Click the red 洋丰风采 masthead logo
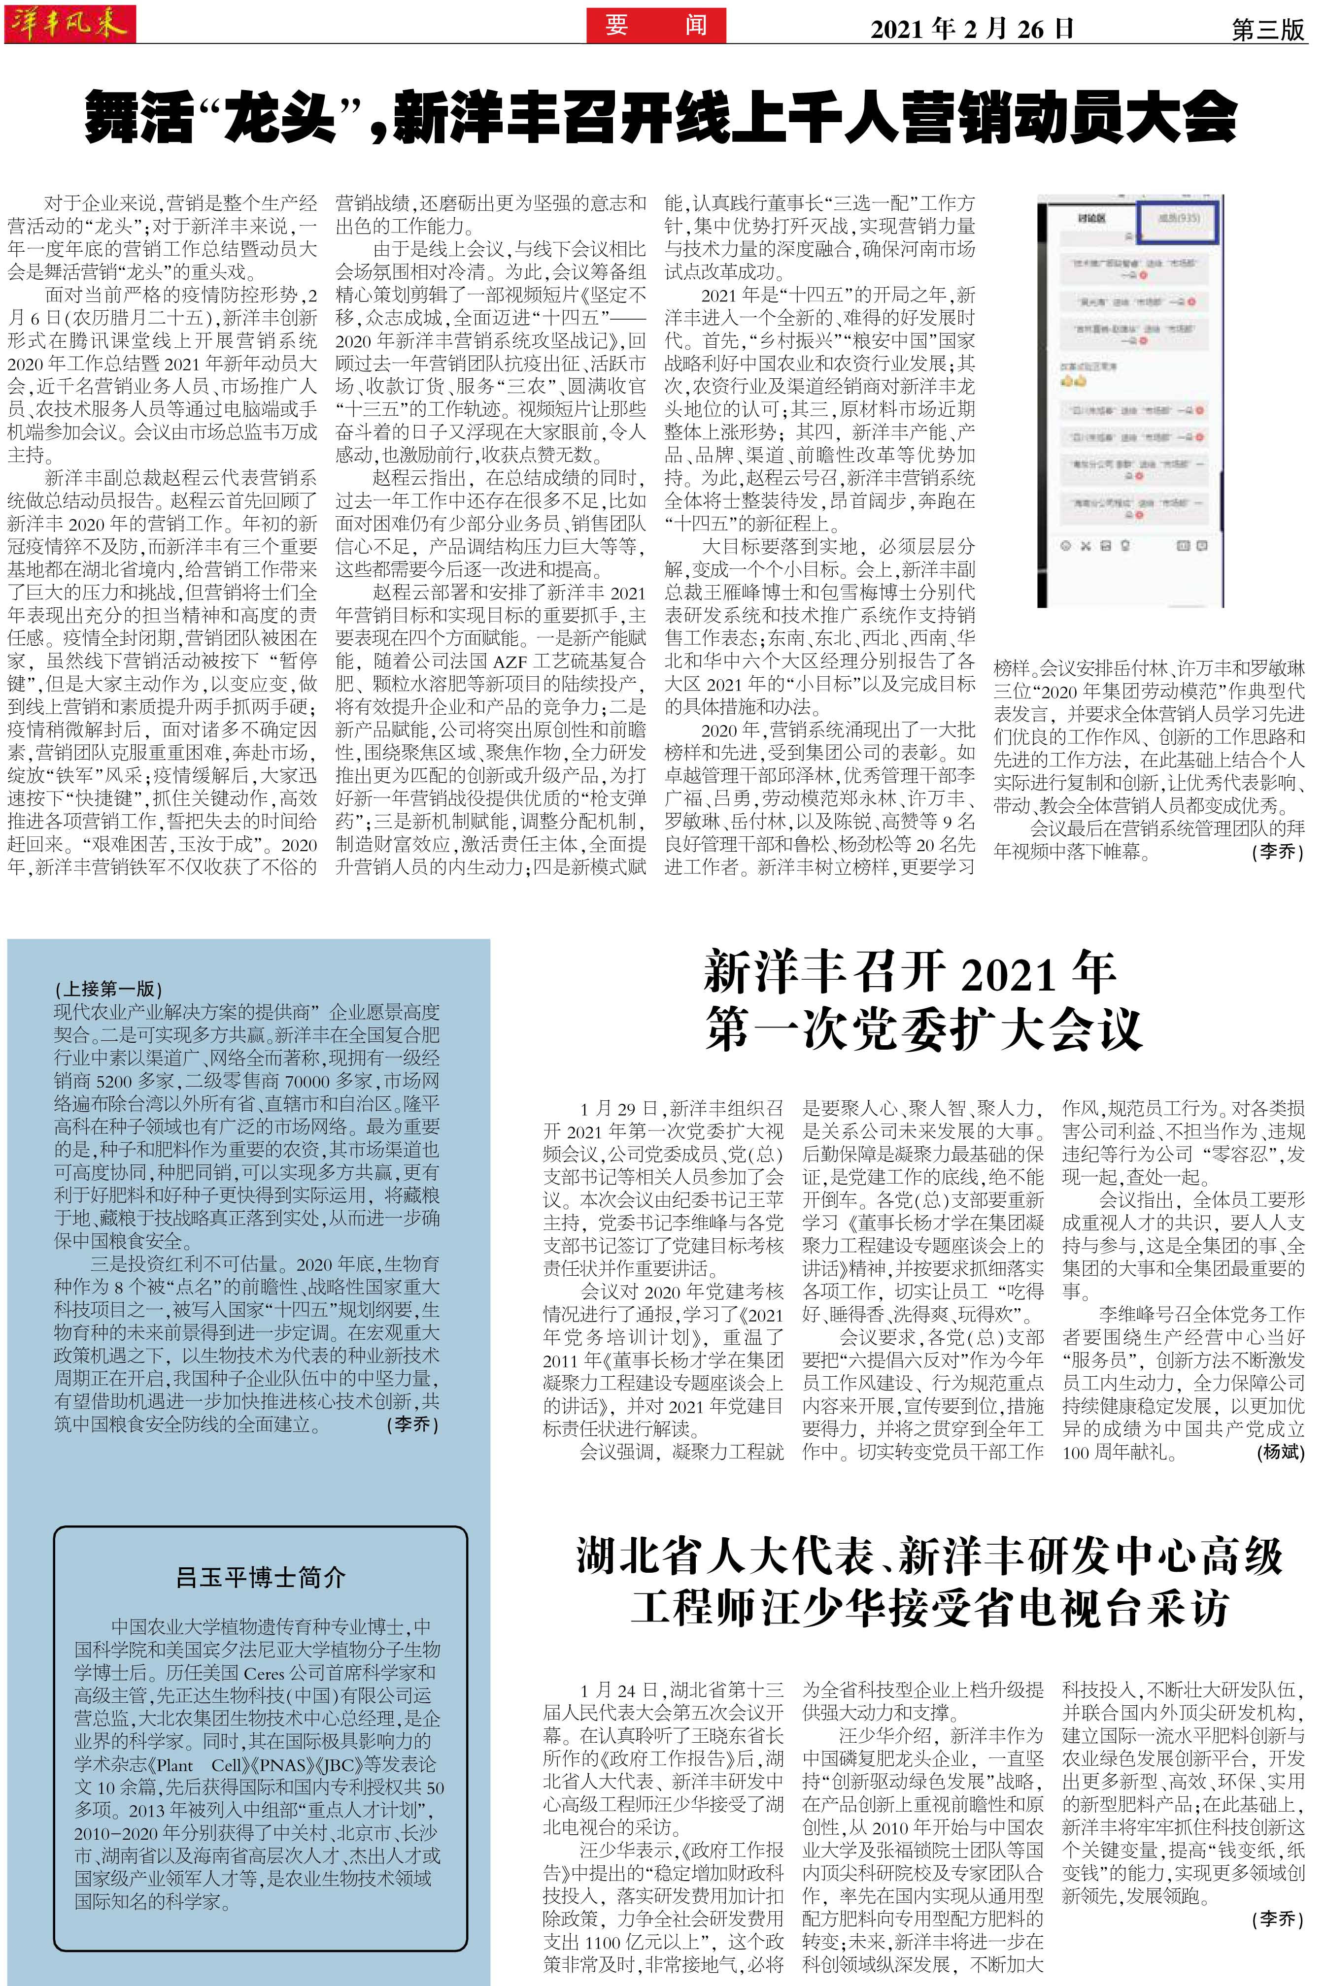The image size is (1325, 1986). click(69, 23)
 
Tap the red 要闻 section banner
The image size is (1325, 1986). click(656, 25)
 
